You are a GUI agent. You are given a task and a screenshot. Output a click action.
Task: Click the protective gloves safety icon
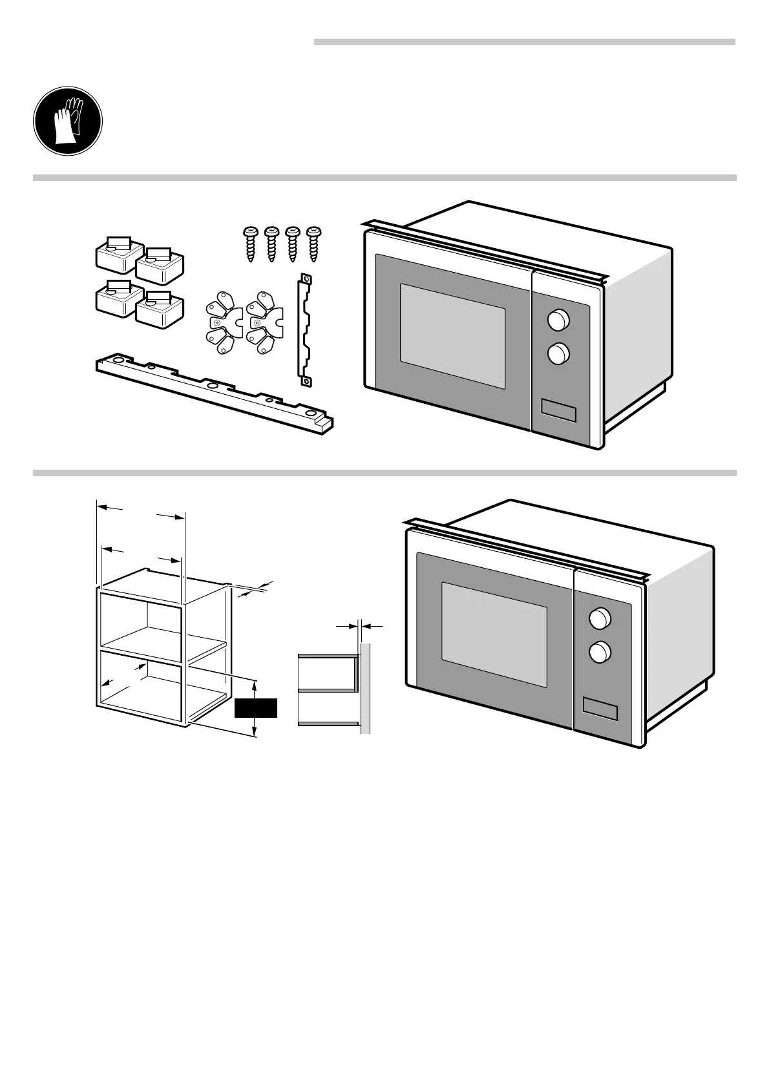pos(68,121)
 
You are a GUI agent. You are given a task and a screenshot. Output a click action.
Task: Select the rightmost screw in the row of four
pos(314,244)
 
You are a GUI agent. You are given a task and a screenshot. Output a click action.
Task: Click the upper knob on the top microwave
pos(558,319)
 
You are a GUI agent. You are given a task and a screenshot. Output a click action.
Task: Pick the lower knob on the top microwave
pos(558,353)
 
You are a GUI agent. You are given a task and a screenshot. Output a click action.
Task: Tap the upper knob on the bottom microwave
pos(600,618)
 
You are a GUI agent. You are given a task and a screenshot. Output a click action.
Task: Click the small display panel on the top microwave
pos(558,411)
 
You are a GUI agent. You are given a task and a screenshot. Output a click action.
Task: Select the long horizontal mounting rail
pos(213,393)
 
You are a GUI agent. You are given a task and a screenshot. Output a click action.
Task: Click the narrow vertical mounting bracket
pos(304,330)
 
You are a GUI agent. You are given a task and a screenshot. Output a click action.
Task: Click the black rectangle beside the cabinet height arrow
pos(255,708)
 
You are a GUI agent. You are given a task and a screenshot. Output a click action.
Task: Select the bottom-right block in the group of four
pos(160,309)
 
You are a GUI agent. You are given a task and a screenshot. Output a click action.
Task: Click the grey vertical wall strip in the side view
pos(366,688)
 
